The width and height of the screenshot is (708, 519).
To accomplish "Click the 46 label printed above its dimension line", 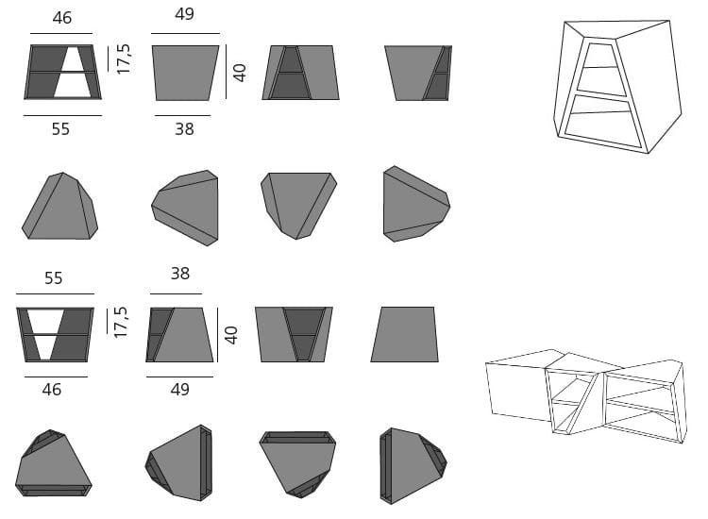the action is (x=62, y=18).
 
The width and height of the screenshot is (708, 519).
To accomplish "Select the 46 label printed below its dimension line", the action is (x=52, y=390).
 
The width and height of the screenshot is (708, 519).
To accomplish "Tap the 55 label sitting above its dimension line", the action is (x=53, y=278).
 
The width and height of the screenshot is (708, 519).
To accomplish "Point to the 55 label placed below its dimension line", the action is (x=60, y=129).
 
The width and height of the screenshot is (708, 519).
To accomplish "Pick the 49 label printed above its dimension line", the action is (x=184, y=14).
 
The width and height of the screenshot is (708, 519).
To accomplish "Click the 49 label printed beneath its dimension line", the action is (x=179, y=389).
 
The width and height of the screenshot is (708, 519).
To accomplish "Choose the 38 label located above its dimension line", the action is (x=180, y=273).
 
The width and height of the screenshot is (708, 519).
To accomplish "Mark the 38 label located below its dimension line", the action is (x=184, y=129).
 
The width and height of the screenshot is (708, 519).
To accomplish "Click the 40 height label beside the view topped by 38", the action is (x=230, y=335).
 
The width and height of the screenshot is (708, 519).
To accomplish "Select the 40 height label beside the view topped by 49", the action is (x=240, y=73).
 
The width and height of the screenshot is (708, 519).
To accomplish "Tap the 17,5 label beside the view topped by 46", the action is (x=124, y=59).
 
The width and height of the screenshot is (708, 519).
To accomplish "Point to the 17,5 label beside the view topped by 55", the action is (x=121, y=322).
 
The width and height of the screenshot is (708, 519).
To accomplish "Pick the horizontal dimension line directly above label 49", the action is (x=179, y=377).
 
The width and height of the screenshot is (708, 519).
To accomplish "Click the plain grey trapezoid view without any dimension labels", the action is (x=405, y=334).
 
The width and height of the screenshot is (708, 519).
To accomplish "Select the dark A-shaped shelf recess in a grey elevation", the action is (x=292, y=73).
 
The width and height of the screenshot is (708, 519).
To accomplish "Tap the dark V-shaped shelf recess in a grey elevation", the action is (x=304, y=334).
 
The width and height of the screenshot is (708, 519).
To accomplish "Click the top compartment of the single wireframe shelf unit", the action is (x=600, y=56).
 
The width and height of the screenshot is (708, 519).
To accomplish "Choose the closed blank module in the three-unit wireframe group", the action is (x=519, y=384).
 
